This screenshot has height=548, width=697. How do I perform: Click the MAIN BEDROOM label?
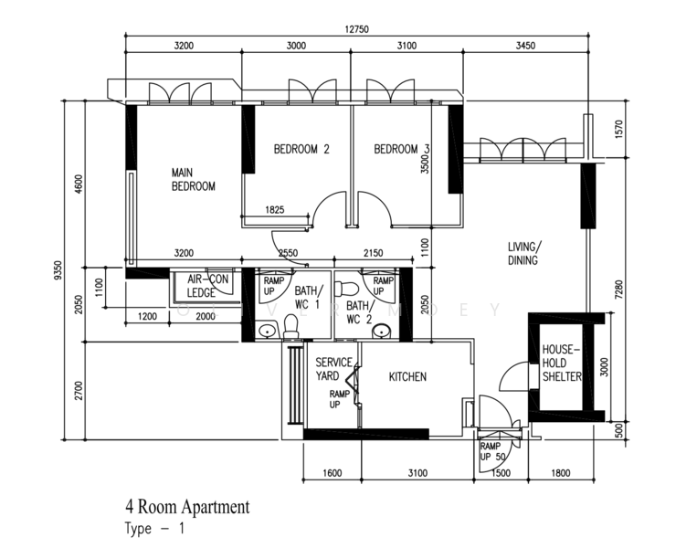194,179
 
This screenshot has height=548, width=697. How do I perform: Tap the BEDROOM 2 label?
301,149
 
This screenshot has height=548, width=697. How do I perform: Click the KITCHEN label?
407,377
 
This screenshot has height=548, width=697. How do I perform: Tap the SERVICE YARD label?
333,369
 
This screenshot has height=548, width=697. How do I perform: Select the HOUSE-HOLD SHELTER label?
562,364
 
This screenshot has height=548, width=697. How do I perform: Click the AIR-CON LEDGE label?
207,286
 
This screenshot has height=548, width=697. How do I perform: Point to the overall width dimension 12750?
356,29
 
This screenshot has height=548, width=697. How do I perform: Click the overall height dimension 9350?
58,270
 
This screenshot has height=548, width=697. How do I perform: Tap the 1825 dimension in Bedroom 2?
275,210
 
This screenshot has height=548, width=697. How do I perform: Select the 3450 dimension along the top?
525,46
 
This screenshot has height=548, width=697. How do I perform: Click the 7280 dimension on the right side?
619,290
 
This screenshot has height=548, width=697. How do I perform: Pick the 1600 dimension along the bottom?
332,473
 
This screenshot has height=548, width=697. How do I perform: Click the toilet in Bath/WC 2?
347,289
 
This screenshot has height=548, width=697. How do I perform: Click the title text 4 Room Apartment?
187,507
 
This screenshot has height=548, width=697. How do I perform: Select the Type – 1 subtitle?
154,529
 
